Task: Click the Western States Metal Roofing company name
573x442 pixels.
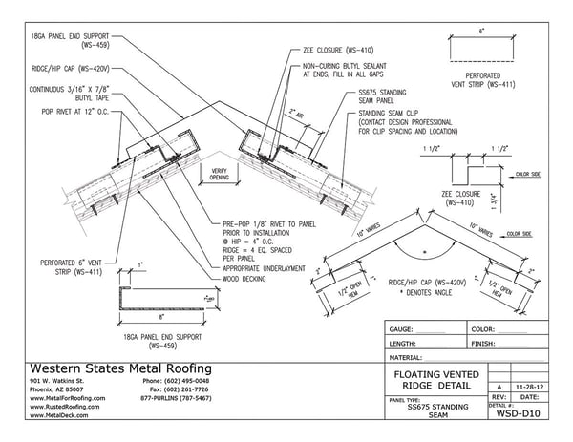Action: (x=123, y=368)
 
